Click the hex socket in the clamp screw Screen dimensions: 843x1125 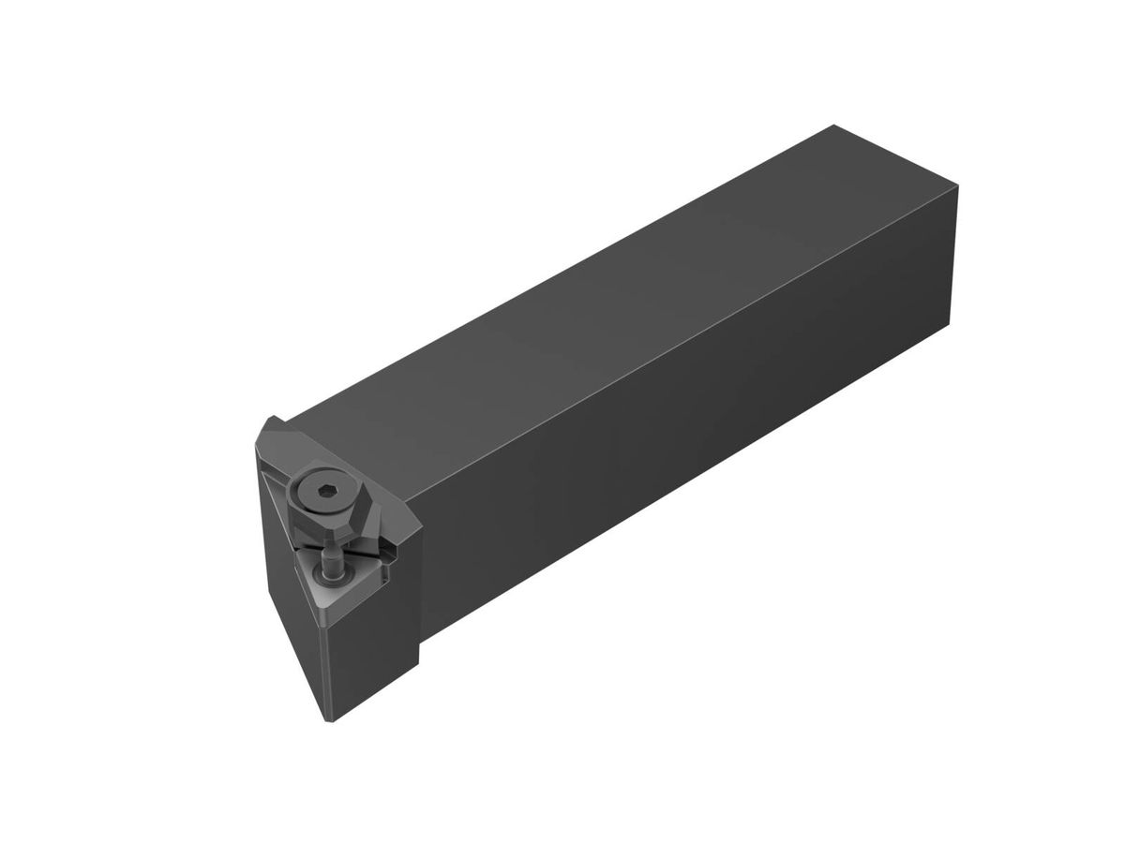coord(318,492)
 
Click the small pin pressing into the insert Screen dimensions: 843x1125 coord(331,562)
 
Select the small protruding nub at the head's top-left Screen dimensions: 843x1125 coord(274,422)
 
